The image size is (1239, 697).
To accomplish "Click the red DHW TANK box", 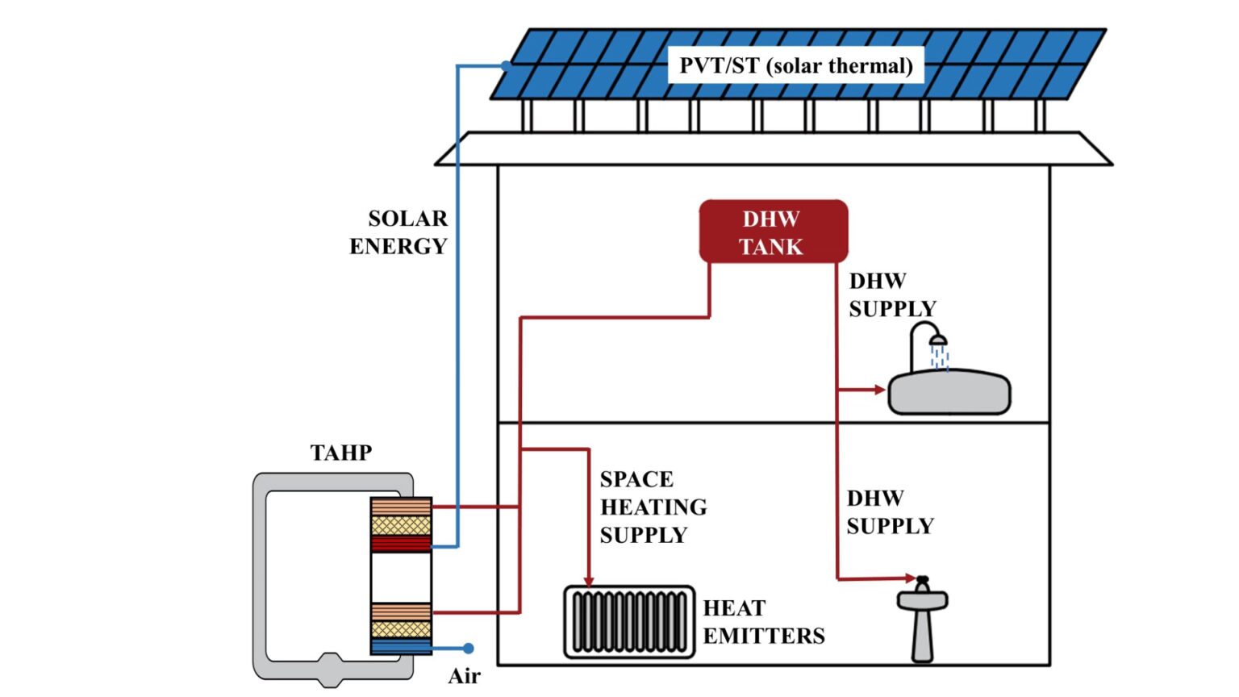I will click(x=773, y=232).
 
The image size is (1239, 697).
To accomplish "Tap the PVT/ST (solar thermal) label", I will click(x=795, y=65).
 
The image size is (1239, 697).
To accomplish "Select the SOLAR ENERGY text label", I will click(x=398, y=232).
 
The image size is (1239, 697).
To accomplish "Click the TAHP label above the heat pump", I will click(x=341, y=453).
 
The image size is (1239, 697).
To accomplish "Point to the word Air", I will click(x=464, y=676).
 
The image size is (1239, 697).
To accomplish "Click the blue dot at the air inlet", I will click(x=468, y=648).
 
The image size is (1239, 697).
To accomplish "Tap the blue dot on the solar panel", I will click(x=506, y=65).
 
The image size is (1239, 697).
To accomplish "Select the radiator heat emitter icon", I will click(x=629, y=622).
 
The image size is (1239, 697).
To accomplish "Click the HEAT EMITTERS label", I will click(x=763, y=622).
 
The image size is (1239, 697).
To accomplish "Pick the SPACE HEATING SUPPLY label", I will click(x=653, y=507).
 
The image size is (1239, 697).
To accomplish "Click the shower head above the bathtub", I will click(x=938, y=341).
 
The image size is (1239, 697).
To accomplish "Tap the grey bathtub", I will click(x=949, y=393).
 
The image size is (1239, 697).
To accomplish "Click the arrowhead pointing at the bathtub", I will click(x=880, y=390).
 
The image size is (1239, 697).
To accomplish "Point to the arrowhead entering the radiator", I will click(x=589, y=581).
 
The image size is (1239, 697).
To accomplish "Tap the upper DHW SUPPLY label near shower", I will click(x=891, y=295).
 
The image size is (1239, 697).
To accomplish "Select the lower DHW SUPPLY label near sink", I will click(x=889, y=512).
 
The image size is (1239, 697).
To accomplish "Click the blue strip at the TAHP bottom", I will click(x=401, y=647).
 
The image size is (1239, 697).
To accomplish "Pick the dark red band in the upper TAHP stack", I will click(x=401, y=544).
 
